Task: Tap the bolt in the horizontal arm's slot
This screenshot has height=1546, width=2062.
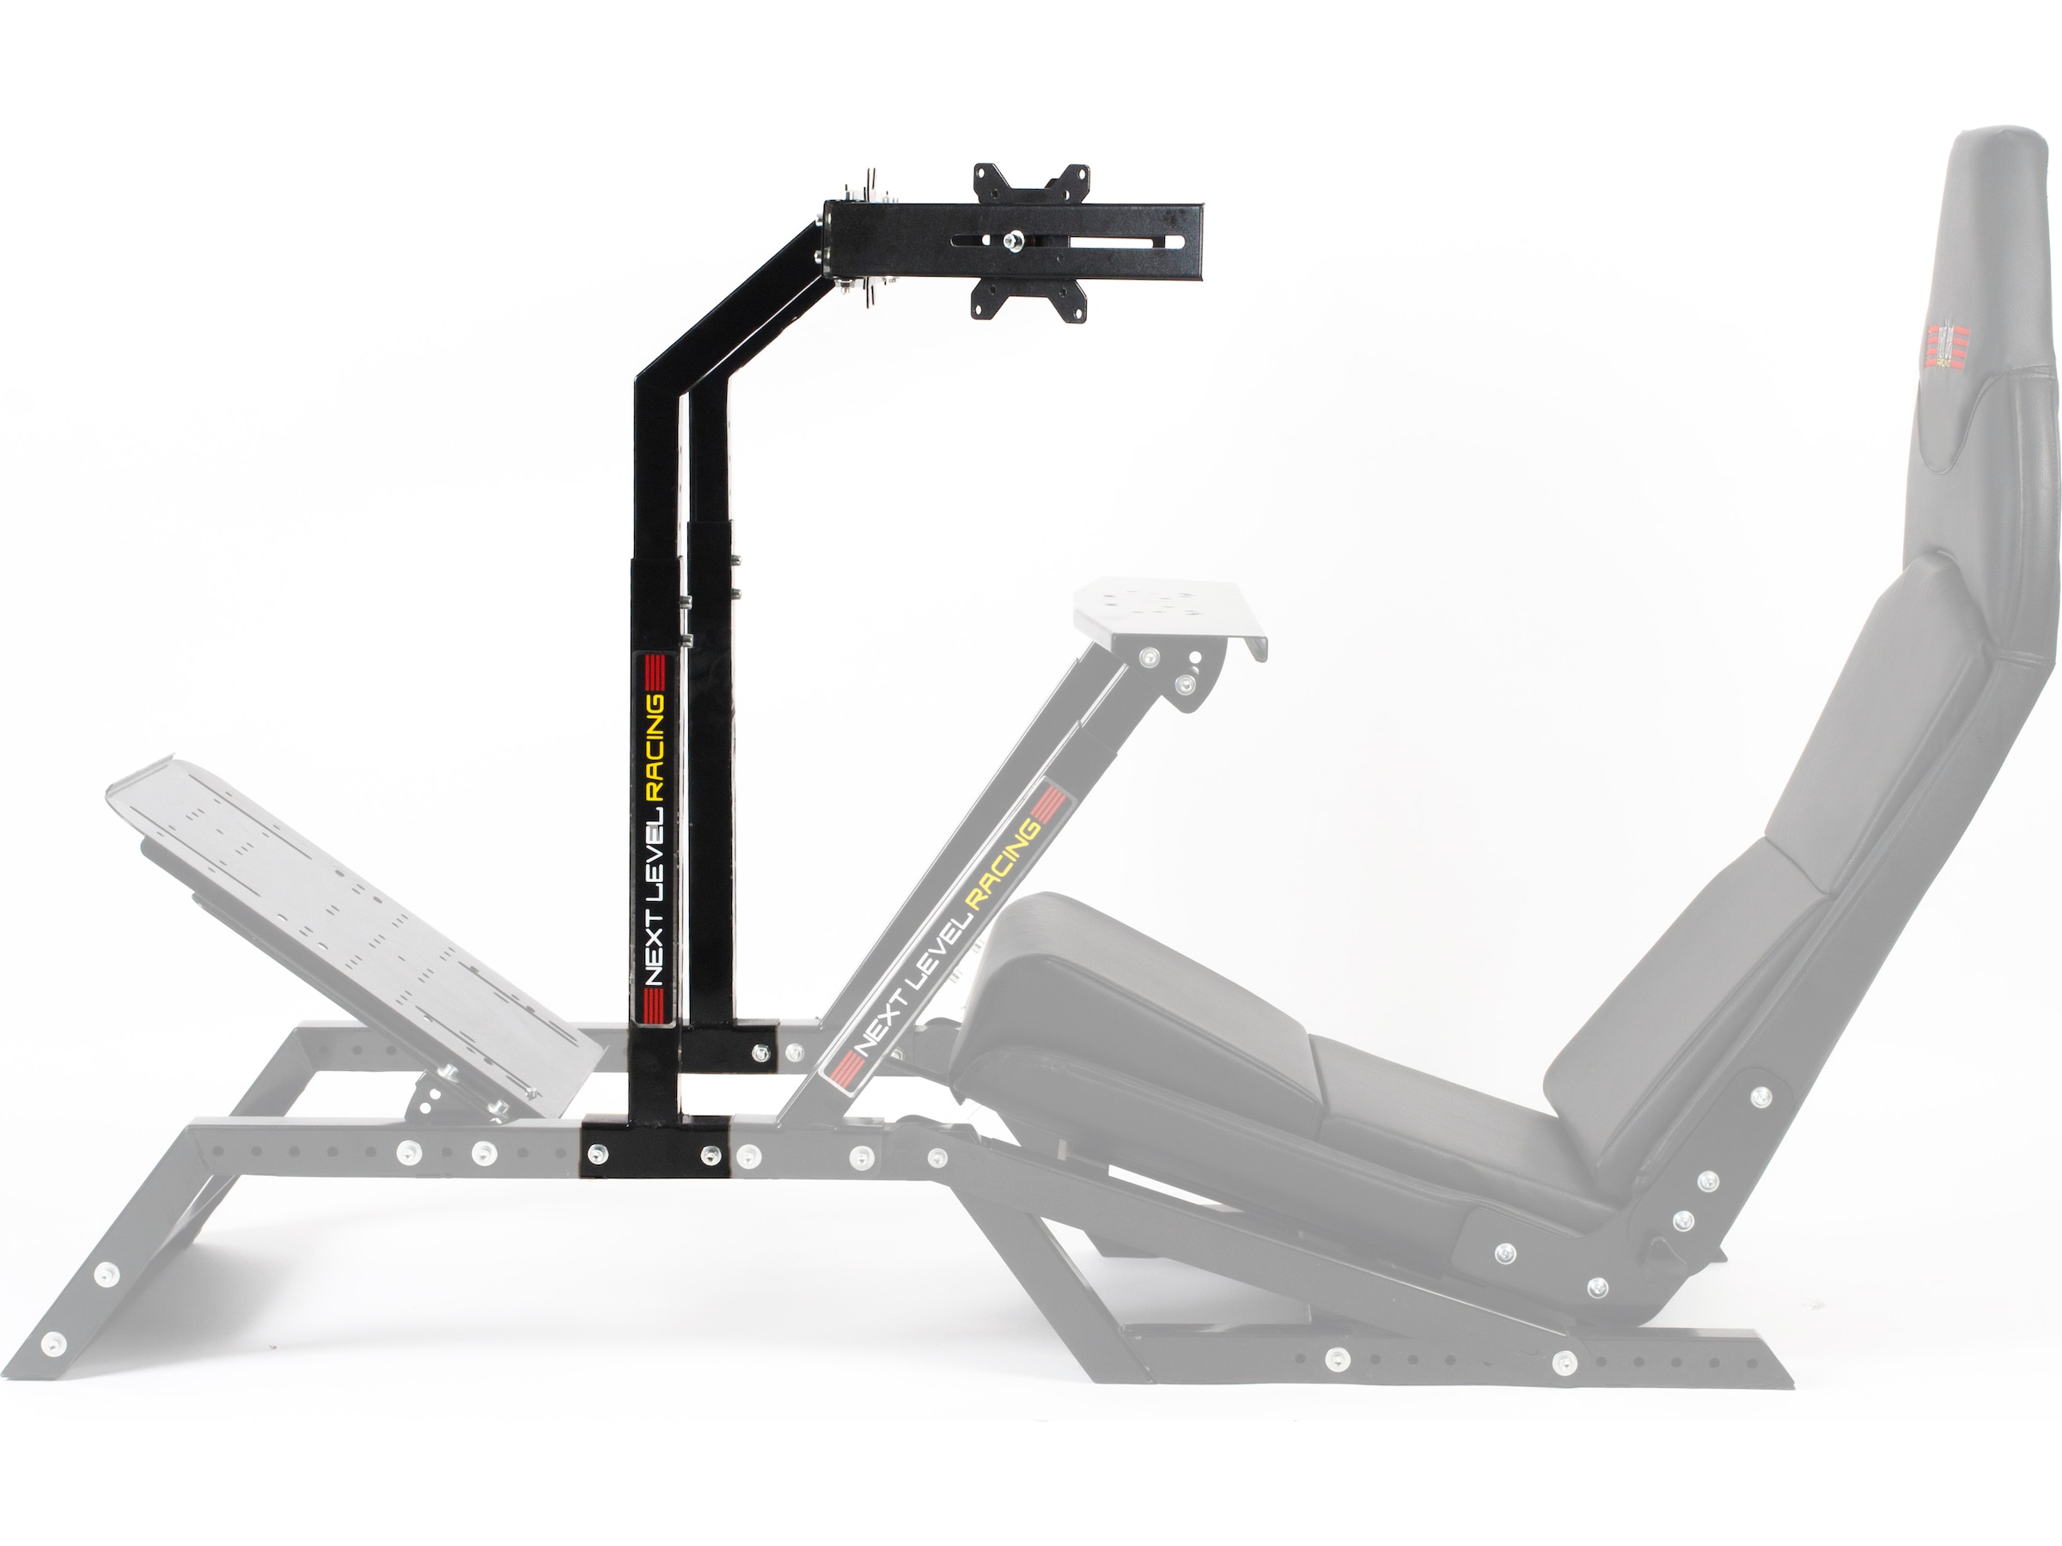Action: click(1011, 242)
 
